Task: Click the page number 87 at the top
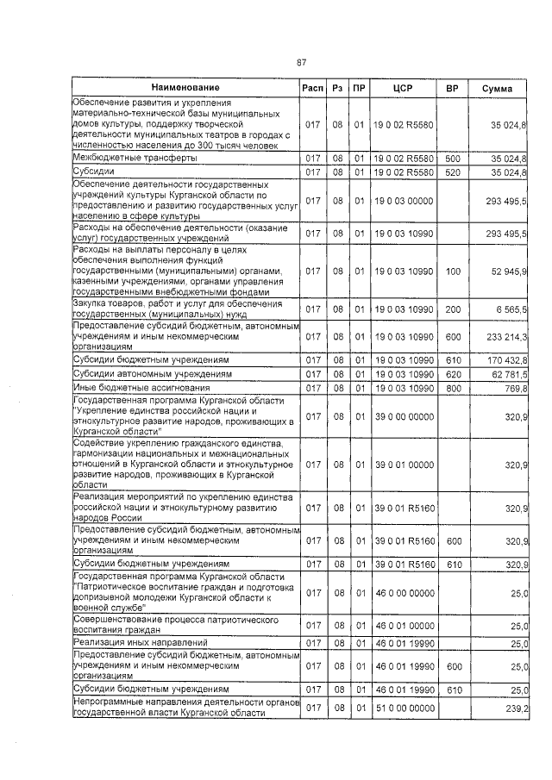tap(302, 62)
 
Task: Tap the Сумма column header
tap(498, 88)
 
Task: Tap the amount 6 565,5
tap(511, 309)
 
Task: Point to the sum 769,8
tap(516, 389)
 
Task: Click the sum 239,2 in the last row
tap(516, 707)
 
